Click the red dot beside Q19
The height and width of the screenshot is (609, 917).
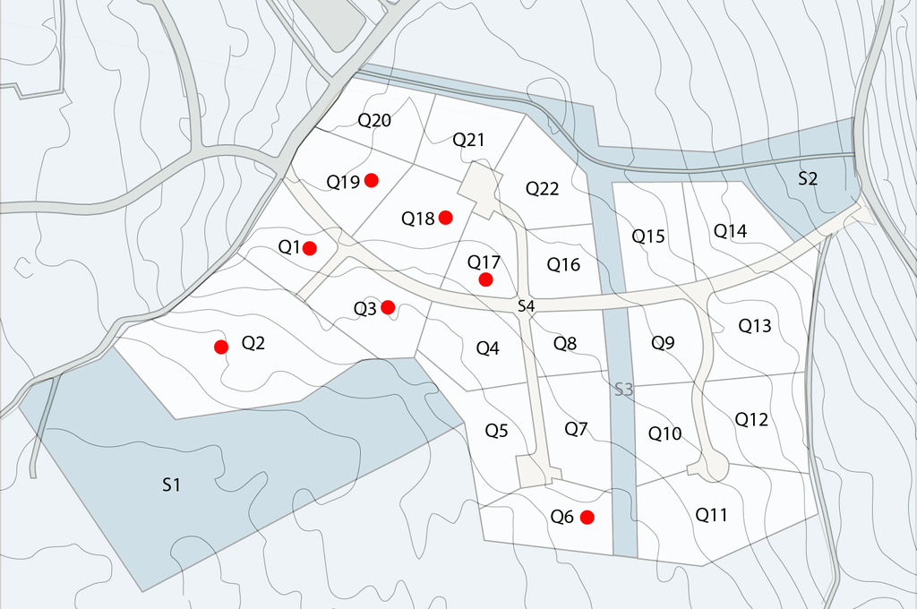coord(372,181)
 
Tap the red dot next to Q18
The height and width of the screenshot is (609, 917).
coord(445,217)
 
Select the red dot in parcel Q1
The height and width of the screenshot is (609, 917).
coord(310,248)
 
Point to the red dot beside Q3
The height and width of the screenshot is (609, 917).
coord(388,307)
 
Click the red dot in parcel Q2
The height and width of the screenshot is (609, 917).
coord(221,347)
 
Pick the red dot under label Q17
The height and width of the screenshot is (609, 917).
coord(485,279)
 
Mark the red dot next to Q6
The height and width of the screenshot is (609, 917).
coord(587,517)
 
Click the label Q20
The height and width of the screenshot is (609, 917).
coord(374,120)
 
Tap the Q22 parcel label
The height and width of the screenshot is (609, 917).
coord(542,188)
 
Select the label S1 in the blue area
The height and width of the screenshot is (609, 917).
coord(172,485)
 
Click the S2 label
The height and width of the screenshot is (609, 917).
coord(808,178)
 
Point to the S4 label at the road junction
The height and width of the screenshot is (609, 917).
coord(527,307)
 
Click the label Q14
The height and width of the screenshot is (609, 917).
coord(730,230)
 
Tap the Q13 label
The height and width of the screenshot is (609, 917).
coord(755,326)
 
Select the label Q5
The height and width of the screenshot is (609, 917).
coord(496,430)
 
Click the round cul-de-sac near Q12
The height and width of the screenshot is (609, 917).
coord(715,465)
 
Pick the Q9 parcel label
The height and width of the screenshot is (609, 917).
coord(663,341)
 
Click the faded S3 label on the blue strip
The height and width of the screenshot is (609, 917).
coord(623,390)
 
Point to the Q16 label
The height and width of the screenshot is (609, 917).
coord(563,264)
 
